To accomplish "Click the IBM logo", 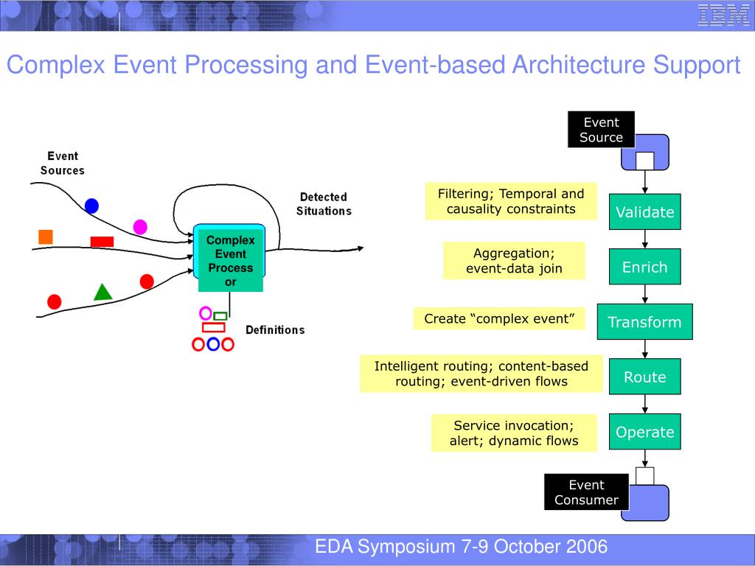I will point(723,15).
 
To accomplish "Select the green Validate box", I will point(645,212).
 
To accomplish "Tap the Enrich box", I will point(645,267).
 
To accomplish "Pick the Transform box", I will point(644,322).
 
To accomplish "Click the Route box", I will point(645,377).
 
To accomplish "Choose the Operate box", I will point(645,432).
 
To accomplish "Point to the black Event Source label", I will point(601,130).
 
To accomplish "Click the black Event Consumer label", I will point(586,492).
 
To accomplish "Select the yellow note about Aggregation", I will point(514,261).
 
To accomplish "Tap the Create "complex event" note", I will point(499,318).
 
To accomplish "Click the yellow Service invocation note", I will point(514,433).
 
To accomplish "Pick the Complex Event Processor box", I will point(230,260).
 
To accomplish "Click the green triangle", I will point(103,292).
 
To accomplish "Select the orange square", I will point(46,237).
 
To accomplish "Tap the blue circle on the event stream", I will point(91,206).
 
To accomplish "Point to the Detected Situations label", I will point(324,204).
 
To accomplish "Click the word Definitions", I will point(274,329).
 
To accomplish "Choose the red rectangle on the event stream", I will point(102,242).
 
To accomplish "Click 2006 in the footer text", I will point(588,546).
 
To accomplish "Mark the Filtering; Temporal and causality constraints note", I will point(511,201).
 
